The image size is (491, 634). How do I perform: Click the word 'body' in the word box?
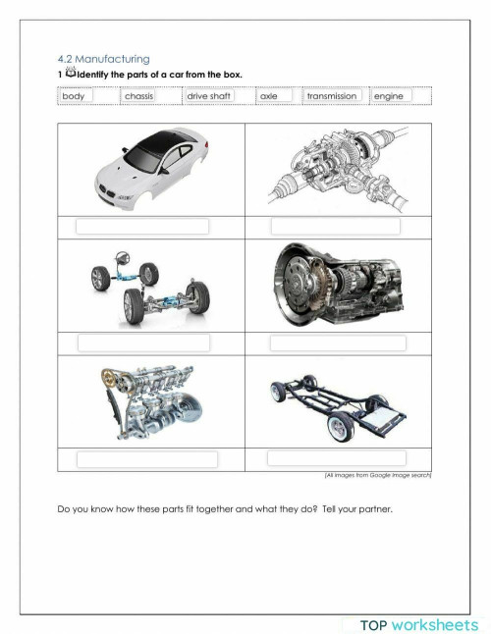[x=74, y=96]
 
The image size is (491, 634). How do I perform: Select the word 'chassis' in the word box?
[x=138, y=96]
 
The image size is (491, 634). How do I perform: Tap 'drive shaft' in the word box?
[x=208, y=96]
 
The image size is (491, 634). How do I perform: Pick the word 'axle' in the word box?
[x=269, y=96]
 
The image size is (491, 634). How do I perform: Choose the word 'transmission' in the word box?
[x=332, y=96]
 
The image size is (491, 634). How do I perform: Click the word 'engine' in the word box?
[x=389, y=96]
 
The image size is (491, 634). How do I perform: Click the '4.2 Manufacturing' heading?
[x=103, y=60]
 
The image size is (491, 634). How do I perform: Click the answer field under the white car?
[x=142, y=227]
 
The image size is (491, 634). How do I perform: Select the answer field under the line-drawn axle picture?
[x=336, y=227]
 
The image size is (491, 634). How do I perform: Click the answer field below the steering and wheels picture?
[x=144, y=343]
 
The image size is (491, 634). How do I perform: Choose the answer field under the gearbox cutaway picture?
[x=336, y=343]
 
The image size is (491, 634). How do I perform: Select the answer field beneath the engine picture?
[x=146, y=459]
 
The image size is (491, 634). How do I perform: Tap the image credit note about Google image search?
[x=377, y=475]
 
